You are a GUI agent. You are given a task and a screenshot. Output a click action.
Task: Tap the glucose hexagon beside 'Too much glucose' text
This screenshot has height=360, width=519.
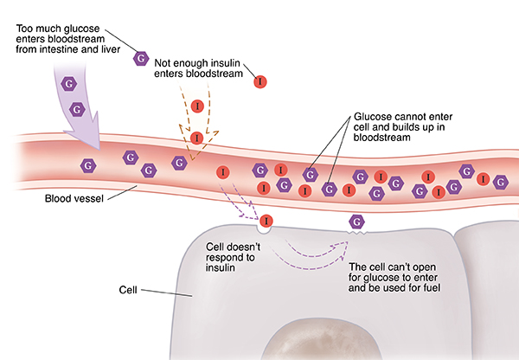coord(139,58)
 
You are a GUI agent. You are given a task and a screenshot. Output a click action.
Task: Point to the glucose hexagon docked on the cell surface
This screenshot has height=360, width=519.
coord(355,224)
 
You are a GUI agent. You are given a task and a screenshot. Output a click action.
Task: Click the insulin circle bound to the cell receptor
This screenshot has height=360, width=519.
coord(266,222)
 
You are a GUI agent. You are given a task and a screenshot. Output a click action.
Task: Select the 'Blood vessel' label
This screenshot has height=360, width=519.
coord(75,198)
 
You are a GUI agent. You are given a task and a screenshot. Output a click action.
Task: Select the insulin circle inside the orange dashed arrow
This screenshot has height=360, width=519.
coord(197,138)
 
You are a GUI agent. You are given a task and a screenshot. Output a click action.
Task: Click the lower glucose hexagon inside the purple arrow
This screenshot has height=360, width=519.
coord(77,110)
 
